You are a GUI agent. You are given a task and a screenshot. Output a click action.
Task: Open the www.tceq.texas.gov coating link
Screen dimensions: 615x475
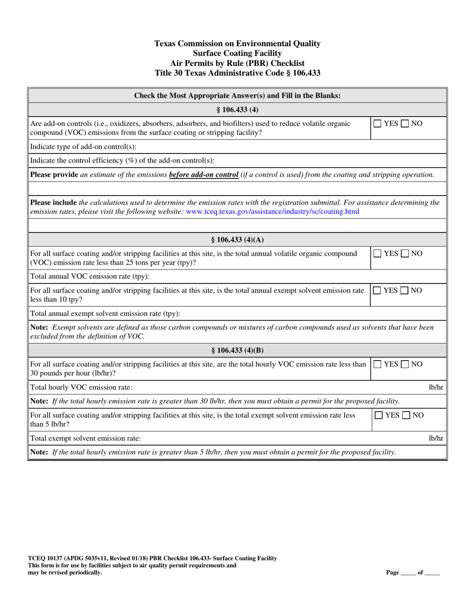tap(272, 211)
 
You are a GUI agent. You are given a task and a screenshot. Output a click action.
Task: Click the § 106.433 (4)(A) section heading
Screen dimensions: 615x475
tap(237, 239)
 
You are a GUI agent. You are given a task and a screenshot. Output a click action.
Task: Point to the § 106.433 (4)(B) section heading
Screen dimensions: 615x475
tap(237, 350)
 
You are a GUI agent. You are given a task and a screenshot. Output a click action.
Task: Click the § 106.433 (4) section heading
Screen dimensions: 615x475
tap(237, 109)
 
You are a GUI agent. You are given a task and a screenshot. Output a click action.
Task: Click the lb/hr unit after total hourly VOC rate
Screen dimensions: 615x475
tap(436, 387)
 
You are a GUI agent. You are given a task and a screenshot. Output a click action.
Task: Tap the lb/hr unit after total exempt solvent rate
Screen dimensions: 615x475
tap(436, 438)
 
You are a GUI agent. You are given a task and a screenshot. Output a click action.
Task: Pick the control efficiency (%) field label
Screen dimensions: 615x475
tap(122, 160)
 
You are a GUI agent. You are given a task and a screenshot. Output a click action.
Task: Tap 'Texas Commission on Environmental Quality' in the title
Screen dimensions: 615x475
tap(237, 44)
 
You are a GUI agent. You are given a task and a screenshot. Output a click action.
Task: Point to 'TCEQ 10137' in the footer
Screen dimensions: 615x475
tap(45, 558)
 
